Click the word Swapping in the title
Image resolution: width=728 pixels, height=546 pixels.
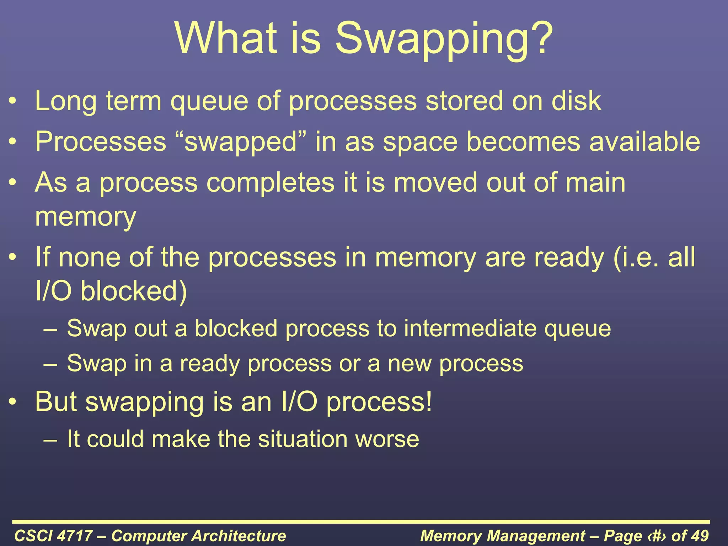pyautogui.click(x=444, y=39)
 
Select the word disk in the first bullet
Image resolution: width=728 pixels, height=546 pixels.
pyautogui.click(x=576, y=101)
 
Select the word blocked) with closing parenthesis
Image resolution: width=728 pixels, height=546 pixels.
pyautogui.click(x=134, y=291)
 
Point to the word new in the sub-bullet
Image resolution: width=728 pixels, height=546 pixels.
pyautogui.click(x=409, y=364)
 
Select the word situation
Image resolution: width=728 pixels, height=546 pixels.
pyautogui.click(x=303, y=439)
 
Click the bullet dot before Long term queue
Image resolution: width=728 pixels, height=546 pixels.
pyautogui.click(x=13, y=102)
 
